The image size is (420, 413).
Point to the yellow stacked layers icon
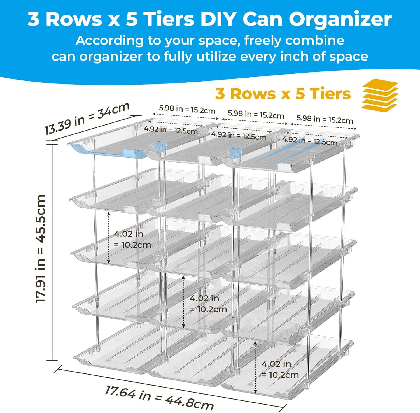click(x=380, y=95)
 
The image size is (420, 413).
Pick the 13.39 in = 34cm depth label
click(x=87, y=118)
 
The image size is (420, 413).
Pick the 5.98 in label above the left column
click(x=187, y=109)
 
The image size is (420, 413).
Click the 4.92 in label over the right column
click(x=309, y=141)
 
